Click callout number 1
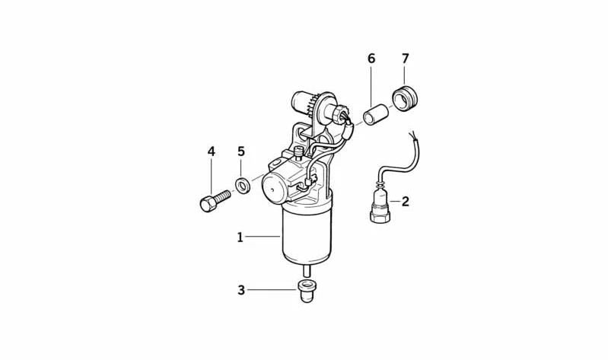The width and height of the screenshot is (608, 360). pyautogui.click(x=240, y=237)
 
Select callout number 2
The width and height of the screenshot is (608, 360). pyautogui.click(x=405, y=202)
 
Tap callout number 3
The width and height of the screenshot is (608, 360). pyautogui.click(x=241, y=290)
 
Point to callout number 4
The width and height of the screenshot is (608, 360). pyautogui.click(x=211, y=151)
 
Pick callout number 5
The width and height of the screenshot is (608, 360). pyautogui.click(x=241, y=151)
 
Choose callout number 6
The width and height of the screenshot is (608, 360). pyautogui.click(x=371, y=59)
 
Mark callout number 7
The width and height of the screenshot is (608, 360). pyautogui.click(x=405, y=59)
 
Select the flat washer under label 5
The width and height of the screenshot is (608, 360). pyautogui.click(x=243, y=186)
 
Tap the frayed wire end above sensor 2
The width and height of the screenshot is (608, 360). pyautogui.click(x=413, y=136)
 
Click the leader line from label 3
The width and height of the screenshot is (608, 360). pyautogui.click(x=272, y=290)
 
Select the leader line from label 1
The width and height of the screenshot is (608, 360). pyautogui.click(x=263, y=236)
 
